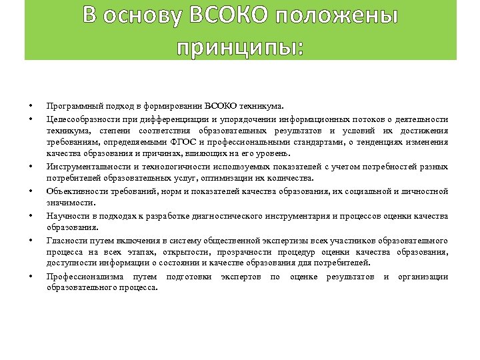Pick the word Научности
(66, 216)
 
